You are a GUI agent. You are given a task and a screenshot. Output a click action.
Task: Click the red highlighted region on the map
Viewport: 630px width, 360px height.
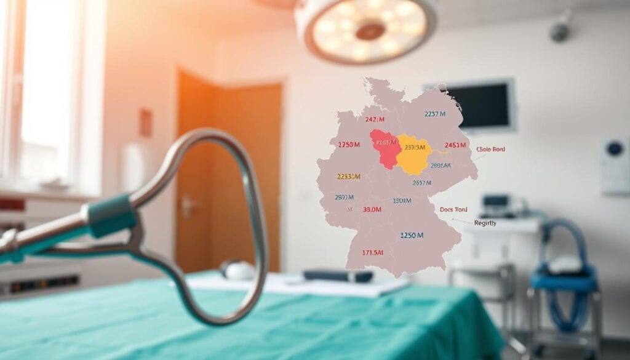pos(385,148)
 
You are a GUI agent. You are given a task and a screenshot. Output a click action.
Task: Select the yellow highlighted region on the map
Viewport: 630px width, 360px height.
pos(412,154)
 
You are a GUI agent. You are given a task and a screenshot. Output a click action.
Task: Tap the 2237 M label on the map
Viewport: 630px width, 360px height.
pos(435,114)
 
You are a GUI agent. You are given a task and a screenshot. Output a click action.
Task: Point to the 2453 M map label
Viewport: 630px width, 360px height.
pos(455,145)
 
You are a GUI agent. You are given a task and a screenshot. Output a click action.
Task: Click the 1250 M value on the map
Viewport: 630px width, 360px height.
pos(412,235)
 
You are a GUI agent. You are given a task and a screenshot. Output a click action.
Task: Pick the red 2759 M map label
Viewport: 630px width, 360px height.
pos(349,145)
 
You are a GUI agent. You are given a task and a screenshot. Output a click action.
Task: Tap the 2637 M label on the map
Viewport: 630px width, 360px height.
pos(421,182)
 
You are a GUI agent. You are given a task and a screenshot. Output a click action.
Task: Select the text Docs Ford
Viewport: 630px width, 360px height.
pos(454,209)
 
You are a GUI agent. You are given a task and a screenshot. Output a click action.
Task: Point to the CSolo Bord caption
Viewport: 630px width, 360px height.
pos(490,150)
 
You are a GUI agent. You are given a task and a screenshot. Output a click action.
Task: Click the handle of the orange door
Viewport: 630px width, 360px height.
pos(188,204)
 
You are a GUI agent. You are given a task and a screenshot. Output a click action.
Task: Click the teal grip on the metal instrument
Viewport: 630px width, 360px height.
pos(111,215)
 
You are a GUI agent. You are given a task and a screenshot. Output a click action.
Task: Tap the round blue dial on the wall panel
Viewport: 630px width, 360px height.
pos(614,148)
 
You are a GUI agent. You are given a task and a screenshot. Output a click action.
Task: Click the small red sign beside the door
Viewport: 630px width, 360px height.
pos(145,122)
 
